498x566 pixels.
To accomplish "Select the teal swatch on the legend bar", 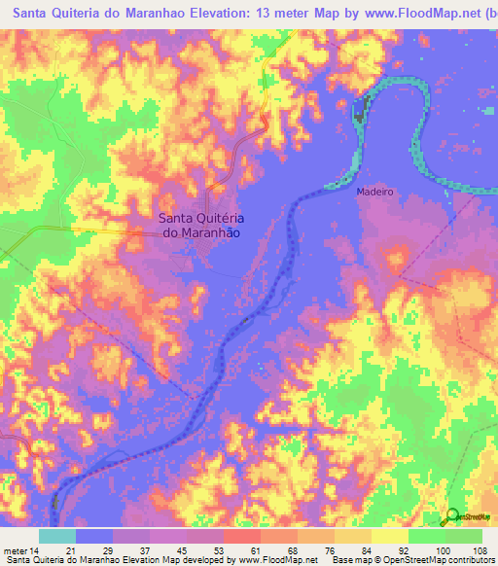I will pos(57,536).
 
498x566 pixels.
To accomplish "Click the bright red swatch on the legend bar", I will pos(242,536).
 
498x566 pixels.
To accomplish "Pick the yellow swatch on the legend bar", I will pos(390,536).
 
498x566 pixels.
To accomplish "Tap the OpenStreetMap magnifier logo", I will pos(452,518).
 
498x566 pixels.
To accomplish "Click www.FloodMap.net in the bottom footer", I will pos(274,561).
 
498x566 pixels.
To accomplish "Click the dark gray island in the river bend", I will pos(360,110).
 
